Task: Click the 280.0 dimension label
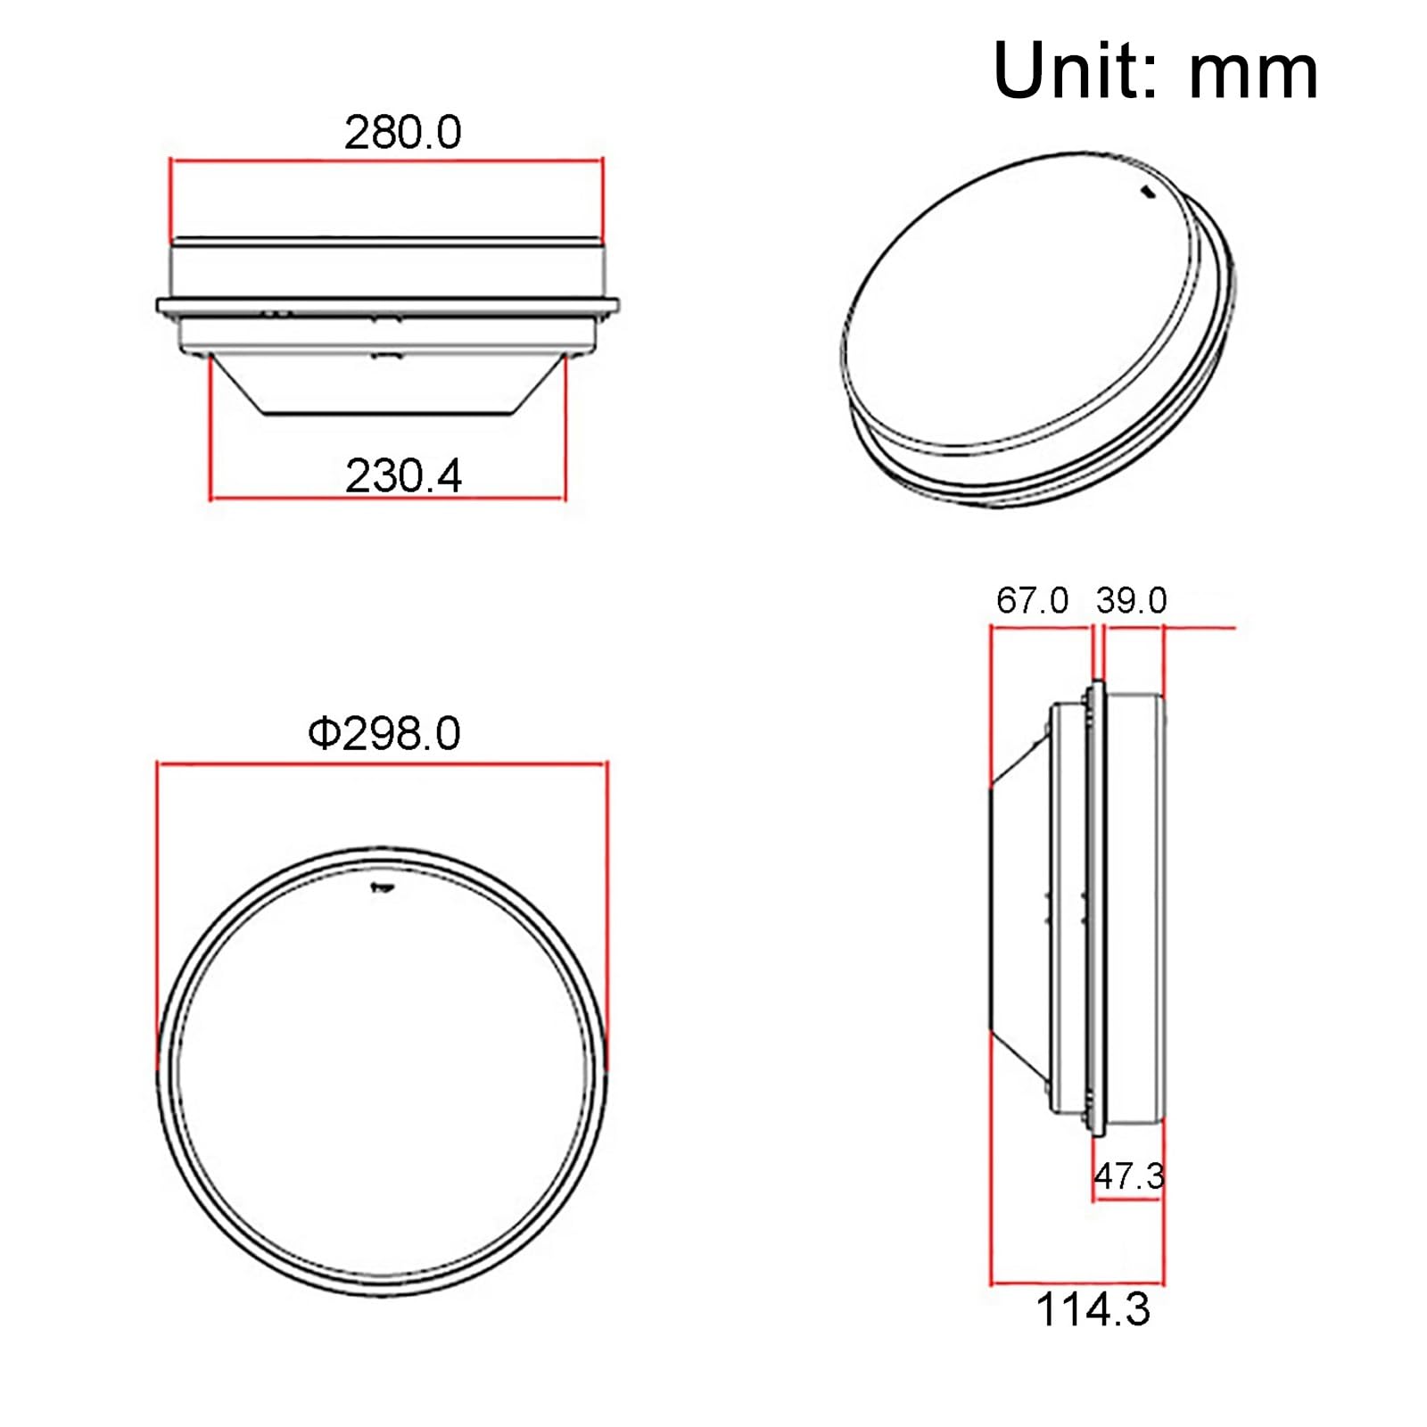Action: point(403,133)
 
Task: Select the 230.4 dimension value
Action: point(403,476)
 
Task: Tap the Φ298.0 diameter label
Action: point(384,734)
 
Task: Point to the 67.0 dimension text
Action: point(1032,600)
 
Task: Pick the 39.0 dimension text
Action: point(1131,600)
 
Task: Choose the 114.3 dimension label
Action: point(1093,1310)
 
